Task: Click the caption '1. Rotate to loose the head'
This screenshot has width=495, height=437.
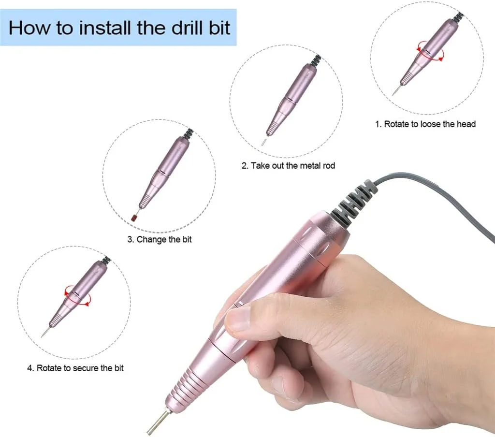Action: click(x=425, y=124)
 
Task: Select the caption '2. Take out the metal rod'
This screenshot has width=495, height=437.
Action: click(x=288, y=166)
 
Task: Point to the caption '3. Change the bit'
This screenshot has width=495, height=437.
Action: click(x=160, y=239)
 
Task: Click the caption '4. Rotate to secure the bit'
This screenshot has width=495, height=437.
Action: click(x=75, y=368)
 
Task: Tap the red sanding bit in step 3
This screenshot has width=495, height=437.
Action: click(x=134, y=218)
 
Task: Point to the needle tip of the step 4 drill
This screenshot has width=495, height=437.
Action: click(x=44, y=333)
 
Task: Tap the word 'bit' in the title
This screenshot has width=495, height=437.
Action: click(x=219, y=28)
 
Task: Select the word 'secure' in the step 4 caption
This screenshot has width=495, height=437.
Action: click(x=85, y=368)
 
